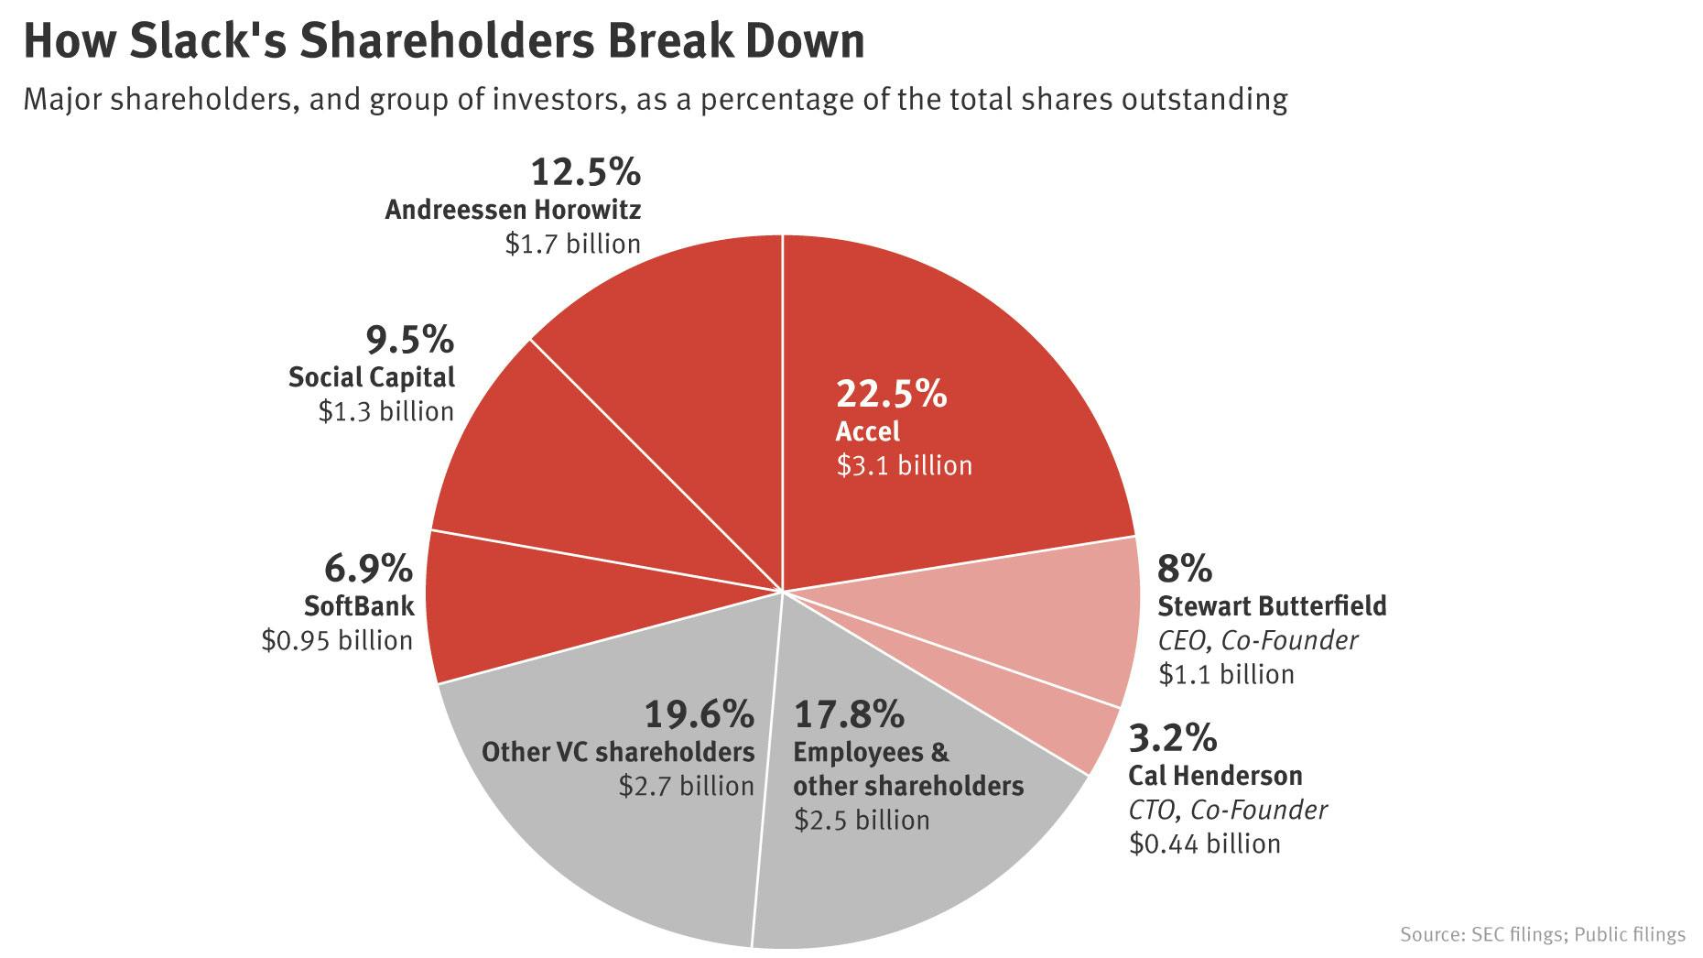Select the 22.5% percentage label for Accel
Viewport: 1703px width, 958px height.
pos(890,394)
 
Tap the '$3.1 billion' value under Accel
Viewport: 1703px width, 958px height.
pos(904,465)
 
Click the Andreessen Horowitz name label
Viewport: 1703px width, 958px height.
pos(513,210)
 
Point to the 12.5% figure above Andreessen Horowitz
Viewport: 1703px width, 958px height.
pos(585,172)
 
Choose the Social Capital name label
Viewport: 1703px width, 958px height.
pos(372,377)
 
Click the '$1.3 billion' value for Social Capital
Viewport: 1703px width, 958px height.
pos(385,411)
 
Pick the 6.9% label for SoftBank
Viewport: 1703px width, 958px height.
pos(368,569)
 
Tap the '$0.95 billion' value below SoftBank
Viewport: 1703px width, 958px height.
pos(337,639)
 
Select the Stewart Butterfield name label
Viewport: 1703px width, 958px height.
pos(1272,605)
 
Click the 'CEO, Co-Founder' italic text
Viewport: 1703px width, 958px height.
pos(1258,639)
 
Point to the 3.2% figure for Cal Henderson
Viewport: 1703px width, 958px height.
pos(1172,737)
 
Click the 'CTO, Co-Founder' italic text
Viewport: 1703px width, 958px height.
pos(1228,810)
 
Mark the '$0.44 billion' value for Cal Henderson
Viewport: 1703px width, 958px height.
pos(1204,843)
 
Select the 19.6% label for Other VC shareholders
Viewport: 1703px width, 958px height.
pos(699,713)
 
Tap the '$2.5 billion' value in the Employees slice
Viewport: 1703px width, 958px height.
pos(862,819)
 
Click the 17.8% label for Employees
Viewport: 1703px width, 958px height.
pos(848,713)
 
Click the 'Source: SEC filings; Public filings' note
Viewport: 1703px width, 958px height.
pos(1542,934)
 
